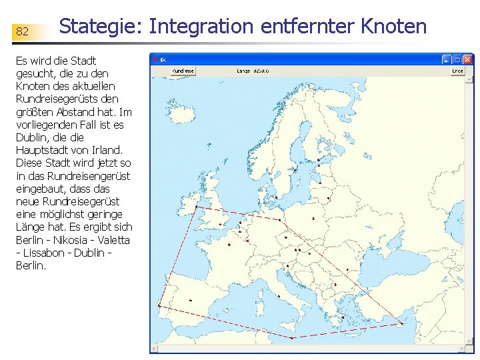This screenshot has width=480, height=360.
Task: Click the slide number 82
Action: point(22,31)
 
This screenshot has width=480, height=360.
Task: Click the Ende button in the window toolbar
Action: point(457,71)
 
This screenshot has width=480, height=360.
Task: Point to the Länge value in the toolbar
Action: point(253,71)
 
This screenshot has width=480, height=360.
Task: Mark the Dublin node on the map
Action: point(196,207)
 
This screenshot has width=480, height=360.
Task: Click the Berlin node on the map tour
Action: point(279,219)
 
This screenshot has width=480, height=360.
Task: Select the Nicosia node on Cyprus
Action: point(403,324)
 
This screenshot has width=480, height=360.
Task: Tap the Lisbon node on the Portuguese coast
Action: point(159,306)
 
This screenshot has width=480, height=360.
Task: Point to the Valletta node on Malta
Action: point(291,339)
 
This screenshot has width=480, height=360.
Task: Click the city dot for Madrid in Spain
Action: point(191,300)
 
